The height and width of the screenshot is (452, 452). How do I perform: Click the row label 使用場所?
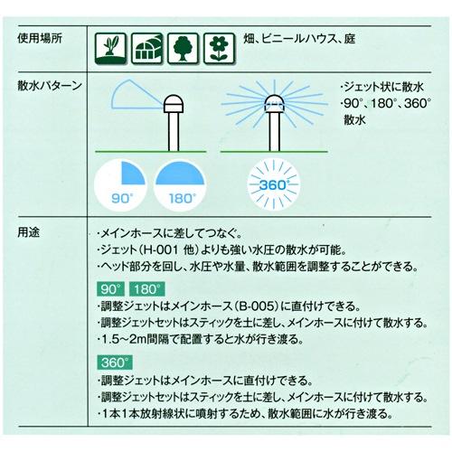point(40,39)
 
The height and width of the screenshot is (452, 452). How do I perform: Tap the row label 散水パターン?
point(50,86)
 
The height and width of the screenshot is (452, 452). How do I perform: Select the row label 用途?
point(29,232)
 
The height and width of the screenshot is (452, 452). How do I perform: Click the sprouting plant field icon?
point(110,48)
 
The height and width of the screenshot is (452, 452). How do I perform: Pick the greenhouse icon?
point(146,48)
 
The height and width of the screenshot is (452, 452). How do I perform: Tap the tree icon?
point(183,48)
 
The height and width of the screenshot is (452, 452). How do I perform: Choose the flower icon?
point(219,48)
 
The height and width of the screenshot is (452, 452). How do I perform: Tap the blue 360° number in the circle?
point(273,184)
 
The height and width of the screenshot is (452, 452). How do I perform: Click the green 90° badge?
point(111,289)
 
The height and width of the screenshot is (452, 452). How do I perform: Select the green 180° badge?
point(147,289)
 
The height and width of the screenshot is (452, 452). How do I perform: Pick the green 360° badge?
point(115,363)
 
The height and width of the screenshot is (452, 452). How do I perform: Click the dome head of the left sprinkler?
point(174,104)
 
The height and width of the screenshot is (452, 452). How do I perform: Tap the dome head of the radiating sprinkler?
point(274,104)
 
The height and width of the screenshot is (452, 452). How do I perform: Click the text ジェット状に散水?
point(383,88)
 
